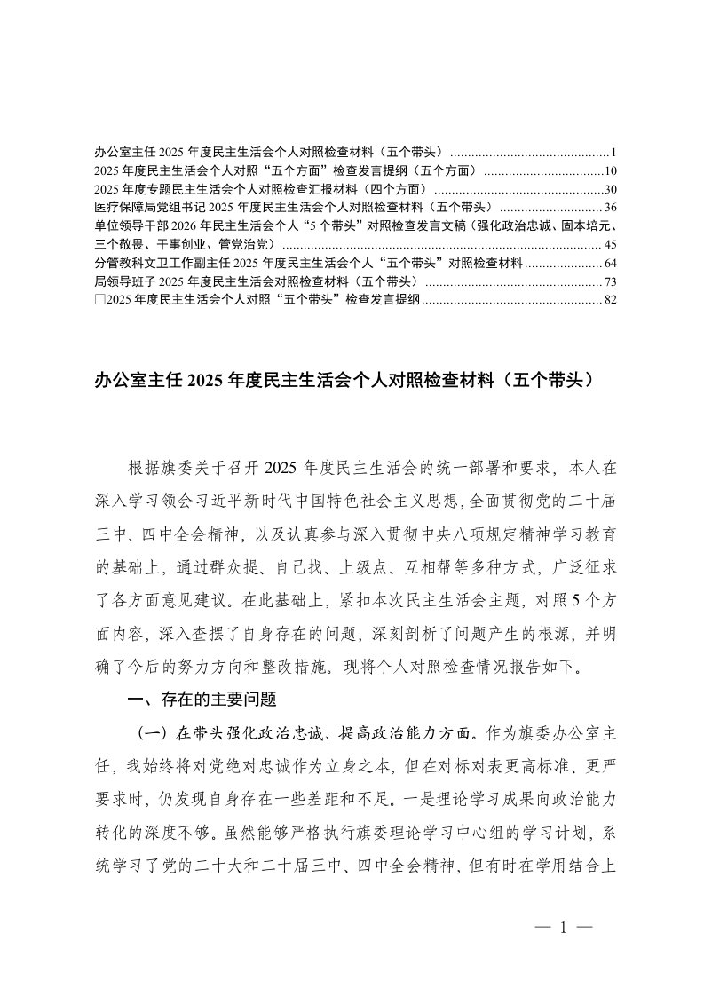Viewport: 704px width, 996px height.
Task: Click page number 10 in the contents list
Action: point(609,170)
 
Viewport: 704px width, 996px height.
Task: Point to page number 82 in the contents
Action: point(609,300)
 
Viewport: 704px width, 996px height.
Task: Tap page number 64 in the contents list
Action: point(609,263)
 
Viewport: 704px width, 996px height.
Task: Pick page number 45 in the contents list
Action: point(609,244)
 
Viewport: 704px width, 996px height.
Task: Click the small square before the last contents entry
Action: point(98,300)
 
